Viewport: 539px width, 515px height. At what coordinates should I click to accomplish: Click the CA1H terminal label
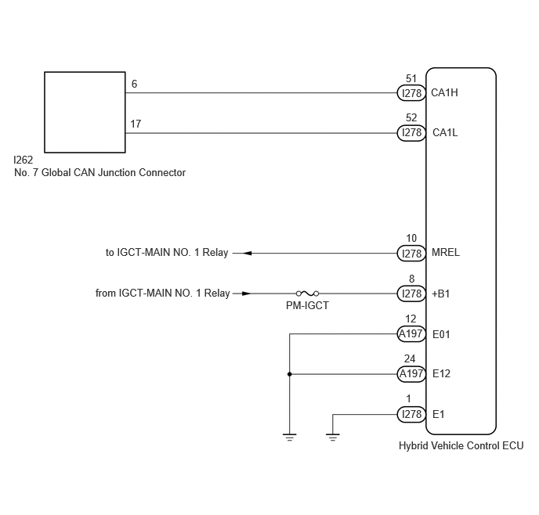click(444, 92)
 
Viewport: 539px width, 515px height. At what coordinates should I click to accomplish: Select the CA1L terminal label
click(445, 132)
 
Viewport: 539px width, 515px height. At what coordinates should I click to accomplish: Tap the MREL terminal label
click(446, 252)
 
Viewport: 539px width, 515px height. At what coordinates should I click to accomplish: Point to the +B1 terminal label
click(441, 294)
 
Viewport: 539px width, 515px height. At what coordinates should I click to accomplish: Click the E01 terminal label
click(441, 334)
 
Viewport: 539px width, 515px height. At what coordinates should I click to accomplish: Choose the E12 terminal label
click(441, 373)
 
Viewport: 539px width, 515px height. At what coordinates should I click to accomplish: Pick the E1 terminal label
click(438, 414)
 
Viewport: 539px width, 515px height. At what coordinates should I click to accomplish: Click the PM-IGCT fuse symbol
click(307, 294)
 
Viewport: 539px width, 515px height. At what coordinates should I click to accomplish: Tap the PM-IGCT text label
click(307, 305)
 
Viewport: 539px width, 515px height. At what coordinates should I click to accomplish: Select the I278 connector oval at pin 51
click(411, 93)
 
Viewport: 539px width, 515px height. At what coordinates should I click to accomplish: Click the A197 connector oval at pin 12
click(411, 333)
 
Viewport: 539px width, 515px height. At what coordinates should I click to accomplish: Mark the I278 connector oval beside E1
click(411, 414)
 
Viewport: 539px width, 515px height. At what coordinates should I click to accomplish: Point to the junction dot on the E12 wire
click(289, 374)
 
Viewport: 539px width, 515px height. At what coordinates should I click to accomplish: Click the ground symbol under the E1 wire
click(332, 437)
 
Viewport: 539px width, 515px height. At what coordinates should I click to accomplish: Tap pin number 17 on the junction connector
click(136, 124)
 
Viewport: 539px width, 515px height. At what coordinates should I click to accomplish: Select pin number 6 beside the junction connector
click(134, 84)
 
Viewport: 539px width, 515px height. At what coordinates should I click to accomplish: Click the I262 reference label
click(23, 160)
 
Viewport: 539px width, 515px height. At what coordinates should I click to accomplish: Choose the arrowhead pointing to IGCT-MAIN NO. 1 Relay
click(247, 253)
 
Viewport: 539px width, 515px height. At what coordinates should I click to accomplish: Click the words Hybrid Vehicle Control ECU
click(461, 445)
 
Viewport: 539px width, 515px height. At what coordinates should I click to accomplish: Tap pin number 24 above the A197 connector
click(410, 358)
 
